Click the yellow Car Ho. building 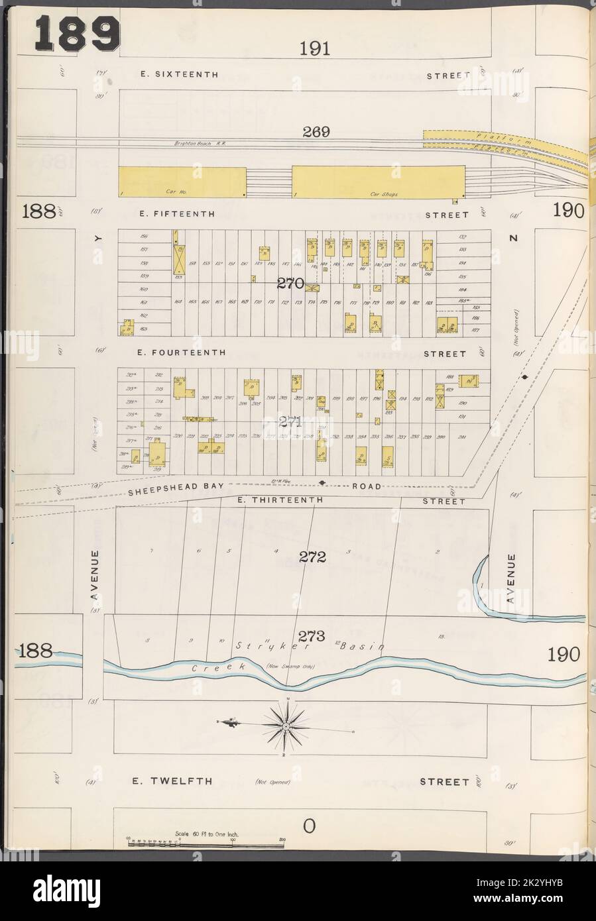point(182,182)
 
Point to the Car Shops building point(377,182)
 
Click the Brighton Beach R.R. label point(200,143)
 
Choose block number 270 point(290,284)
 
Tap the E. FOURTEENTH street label point(182,353)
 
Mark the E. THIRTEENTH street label point(278,500)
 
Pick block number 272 point(312,557)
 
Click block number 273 point(311,637)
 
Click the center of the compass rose point(285,727)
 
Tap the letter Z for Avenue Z point(512,238)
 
